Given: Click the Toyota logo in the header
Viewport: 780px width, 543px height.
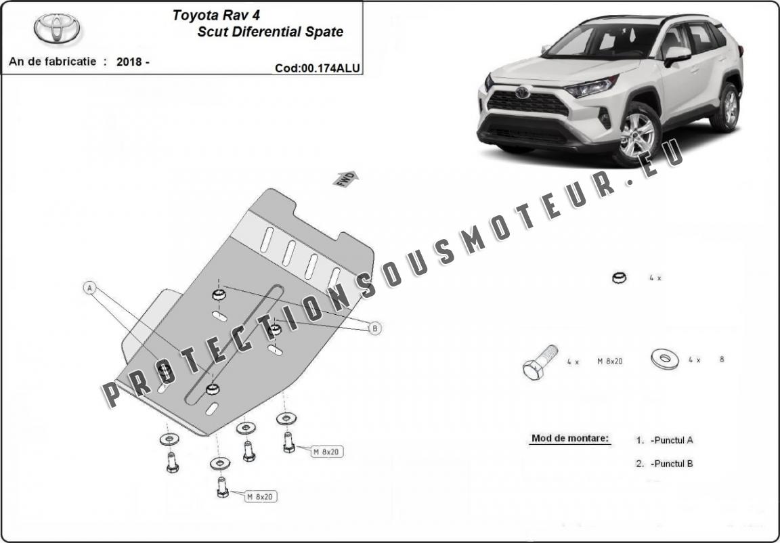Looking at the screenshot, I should pyautogui.click(x=57, y=28).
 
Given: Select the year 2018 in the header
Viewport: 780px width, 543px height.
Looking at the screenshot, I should pyautogui.click(x=129, y=62).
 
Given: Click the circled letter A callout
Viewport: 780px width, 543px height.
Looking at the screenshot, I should pyautogui.click(x=89, y=288).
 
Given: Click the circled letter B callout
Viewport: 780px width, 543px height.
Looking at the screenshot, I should pyautogui.click(x=374, y=328).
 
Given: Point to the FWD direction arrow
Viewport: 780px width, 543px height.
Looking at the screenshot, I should pyautogui.click(x=345, y=179).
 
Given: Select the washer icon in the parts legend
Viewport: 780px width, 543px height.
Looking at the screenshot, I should pyautogui.click(x=664, y=359).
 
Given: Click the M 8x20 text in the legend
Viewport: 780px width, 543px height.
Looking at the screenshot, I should pyautogui.click(x=609, y=362).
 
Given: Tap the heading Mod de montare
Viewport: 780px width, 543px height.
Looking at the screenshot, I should pyautogui.click(x=570, y=438).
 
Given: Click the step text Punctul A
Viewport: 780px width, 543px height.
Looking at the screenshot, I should pyautogui.click(x=671, y=440).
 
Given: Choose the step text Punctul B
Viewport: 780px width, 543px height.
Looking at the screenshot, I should pyautogui.click(x=671, y=464).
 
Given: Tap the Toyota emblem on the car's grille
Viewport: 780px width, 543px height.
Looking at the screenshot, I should pyautogui.click(x=522, y=92).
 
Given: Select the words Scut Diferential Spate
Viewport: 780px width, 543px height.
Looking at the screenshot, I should pyautogui.click(x=270, y=32).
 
